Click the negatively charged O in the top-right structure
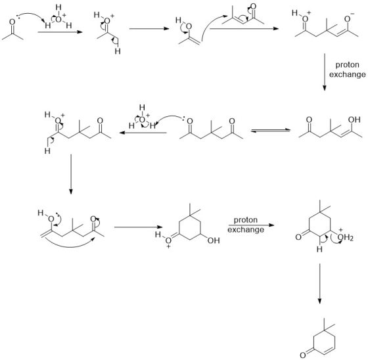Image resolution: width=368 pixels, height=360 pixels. [x=348, y=19]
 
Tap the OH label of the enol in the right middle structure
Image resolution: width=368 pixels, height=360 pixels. [x=354, y=120]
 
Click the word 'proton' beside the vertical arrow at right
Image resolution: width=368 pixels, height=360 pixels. [x=348, y=65]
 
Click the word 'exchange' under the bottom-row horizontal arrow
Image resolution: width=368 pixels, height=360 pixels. [x=246, y=229]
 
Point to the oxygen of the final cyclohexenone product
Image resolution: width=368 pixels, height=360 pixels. [x=303, y=354]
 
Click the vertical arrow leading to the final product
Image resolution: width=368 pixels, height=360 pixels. [x=319, y=284]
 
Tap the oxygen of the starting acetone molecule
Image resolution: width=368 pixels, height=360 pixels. [x=12, y=22]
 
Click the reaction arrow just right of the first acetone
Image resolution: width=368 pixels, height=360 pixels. [x=60, y=32]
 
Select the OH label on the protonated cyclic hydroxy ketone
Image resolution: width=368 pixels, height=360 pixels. [x=214, y=240]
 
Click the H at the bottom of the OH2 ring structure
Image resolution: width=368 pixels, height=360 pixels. [x=319, y=249]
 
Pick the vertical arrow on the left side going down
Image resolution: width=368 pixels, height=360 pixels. [x=71, y=174]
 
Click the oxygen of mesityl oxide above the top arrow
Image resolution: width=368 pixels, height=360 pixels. [x=253, y=7]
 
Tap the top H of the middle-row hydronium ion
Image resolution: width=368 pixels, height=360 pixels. [x=142, y=108]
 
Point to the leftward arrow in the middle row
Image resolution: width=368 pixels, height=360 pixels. [x=143, y=133]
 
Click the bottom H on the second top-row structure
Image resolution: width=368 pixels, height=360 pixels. [x=118, y=51]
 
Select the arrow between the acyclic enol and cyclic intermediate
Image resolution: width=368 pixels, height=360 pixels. [x=138, y=227]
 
